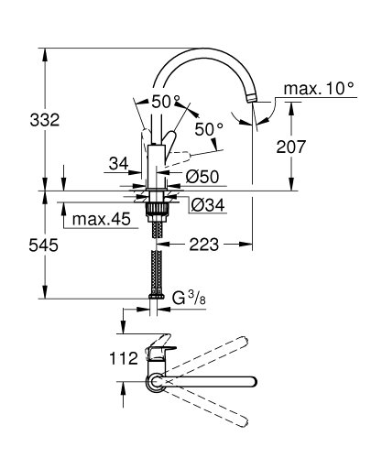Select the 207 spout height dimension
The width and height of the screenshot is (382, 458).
(x=311, y=147)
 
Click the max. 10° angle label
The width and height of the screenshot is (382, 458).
(x=317, y=89)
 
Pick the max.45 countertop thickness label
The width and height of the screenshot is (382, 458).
(x=101, y=220)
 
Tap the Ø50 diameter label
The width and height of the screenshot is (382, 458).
(x=203, y=174)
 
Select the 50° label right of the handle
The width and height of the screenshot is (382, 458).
(x=209, y=130)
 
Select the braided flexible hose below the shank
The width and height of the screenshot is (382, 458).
(x=158, y=261)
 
